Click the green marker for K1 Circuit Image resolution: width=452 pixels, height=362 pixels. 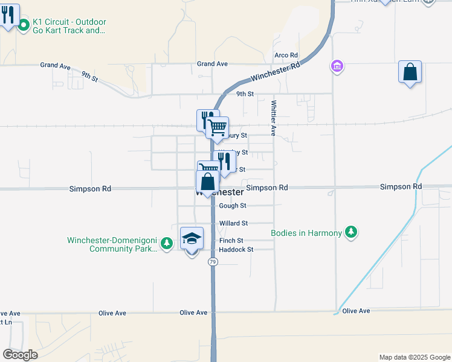[x=24, y=25]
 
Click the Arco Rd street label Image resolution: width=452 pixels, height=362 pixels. [x=286, y=55]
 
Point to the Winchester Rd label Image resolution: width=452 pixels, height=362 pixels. [x=275, y=72]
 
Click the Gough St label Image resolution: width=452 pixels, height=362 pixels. [x=232, y=206]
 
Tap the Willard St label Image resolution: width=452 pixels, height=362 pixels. [x=233, y=223]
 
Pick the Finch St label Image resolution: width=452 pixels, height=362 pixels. [x=231, y=240]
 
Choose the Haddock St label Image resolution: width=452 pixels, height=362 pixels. [x=236, y=249]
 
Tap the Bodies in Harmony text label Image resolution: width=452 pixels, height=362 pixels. [x=306, y=233]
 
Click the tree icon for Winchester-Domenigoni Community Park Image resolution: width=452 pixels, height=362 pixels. [x=167, y=243]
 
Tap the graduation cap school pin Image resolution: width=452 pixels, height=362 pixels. [x=192, y=240]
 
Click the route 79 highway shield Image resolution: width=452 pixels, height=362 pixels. [x=212, y=262]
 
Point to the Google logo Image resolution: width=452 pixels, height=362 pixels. [x=19, y=355]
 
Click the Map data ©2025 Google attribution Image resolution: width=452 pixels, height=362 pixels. [x=414, y=357]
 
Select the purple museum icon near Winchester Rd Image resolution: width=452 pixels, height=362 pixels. [x=337, y=65]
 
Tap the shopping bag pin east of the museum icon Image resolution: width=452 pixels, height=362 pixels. [x=410, y=72]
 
